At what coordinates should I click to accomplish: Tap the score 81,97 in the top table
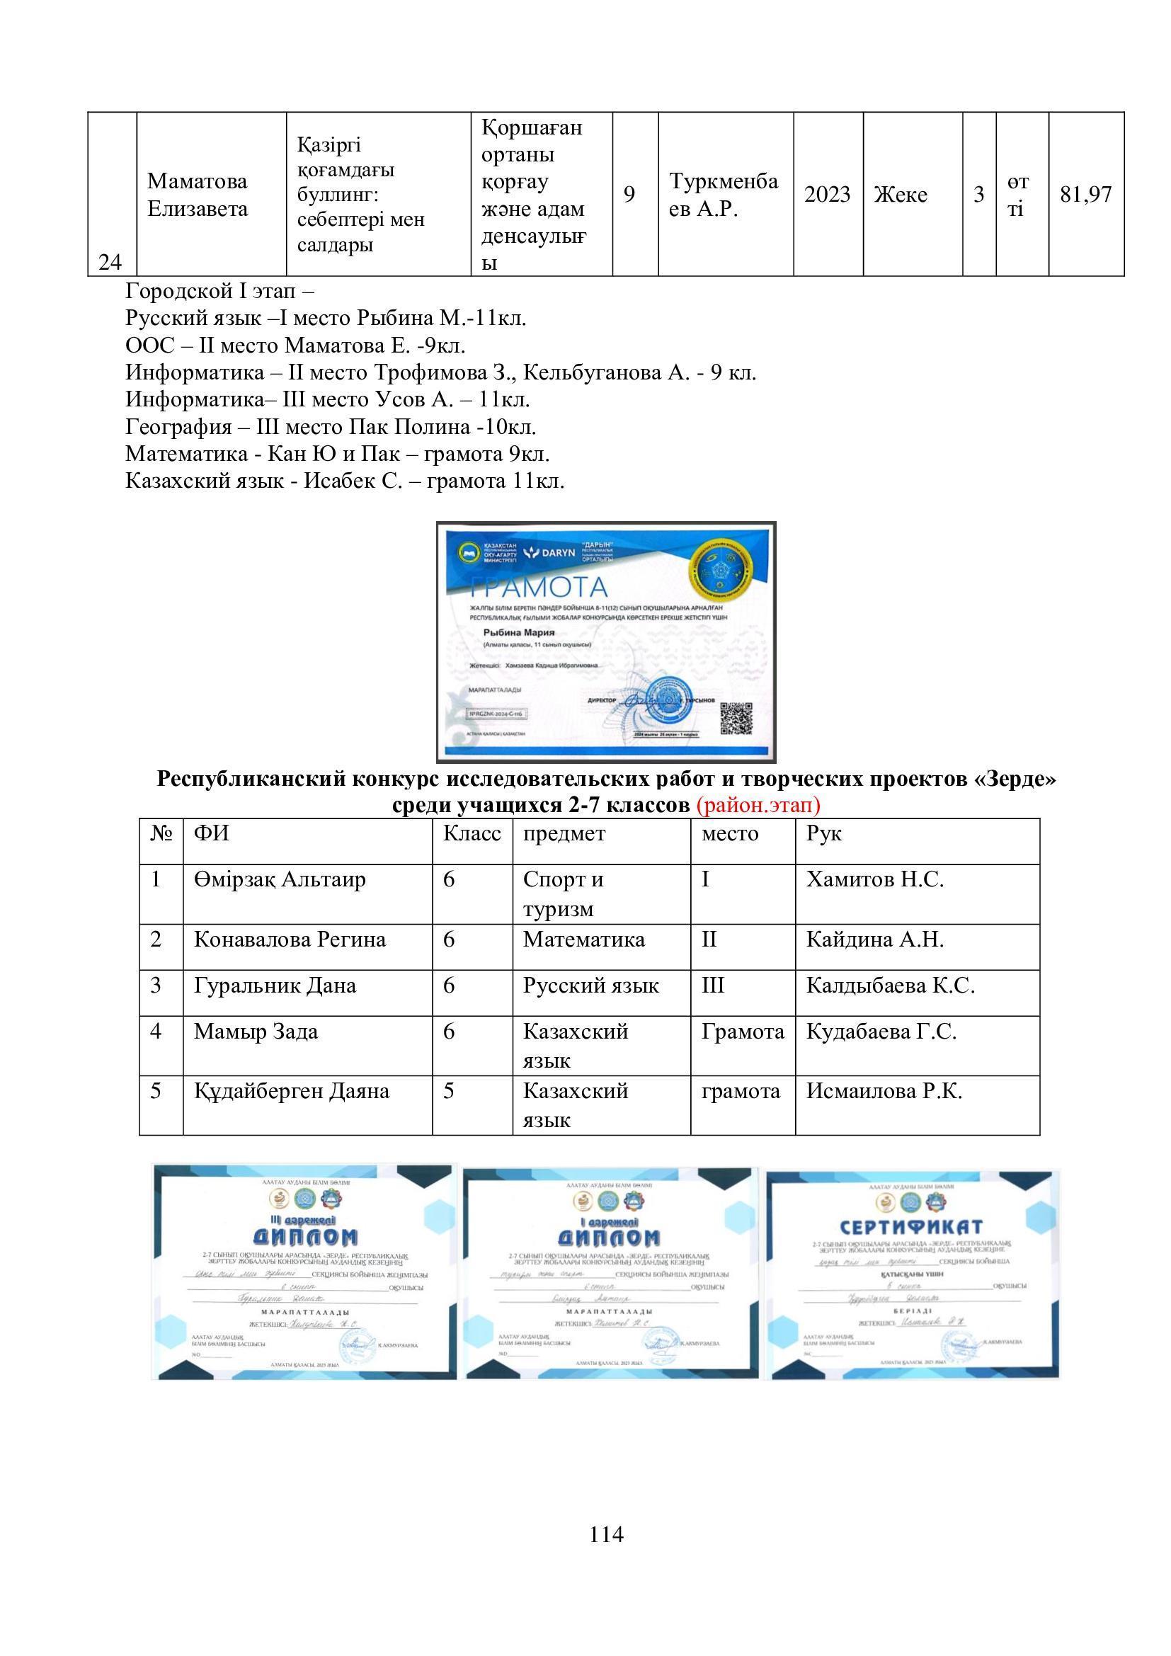[1086, 194]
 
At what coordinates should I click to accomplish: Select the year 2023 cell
[828, 194]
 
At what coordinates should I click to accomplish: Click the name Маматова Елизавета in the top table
[198, 195]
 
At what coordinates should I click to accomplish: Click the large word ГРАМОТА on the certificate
[538, 587]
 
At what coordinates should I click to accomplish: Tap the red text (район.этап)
[758, 804]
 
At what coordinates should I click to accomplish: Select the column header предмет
[564, 834]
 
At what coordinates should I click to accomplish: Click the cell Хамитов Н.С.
[874, 879]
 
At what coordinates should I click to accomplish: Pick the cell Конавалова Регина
[290, 940]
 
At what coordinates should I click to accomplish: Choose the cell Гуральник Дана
[275, 986]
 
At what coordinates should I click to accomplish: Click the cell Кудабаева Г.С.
[881, 1032]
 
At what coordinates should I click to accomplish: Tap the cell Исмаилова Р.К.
[884, 1090]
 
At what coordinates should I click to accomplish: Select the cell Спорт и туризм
[564, 893]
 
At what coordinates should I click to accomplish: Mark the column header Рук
[823, 834]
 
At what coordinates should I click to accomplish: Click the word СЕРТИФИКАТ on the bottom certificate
[911, 1227]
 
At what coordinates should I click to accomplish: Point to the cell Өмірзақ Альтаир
[280, 879]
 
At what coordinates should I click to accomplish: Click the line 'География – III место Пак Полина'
[330, 427]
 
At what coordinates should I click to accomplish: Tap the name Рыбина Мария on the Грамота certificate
[514, 632]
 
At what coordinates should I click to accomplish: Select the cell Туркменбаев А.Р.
[724, 195]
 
